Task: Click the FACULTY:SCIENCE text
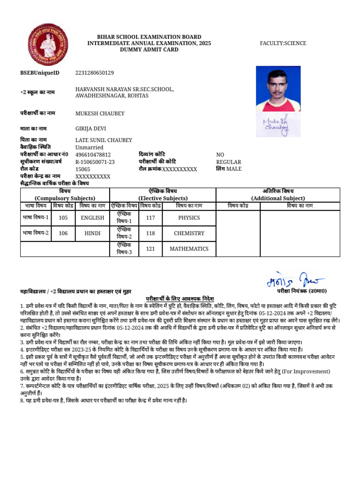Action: coord(283,43)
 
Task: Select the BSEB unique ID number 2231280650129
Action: coord(94,73)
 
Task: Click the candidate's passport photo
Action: coord(278,88)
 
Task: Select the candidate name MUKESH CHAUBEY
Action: coord(100,113)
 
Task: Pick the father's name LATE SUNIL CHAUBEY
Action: coord(104,140)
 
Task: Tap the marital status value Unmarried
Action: coord(90,147)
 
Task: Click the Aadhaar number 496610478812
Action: coord(93,155)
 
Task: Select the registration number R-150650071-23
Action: coord(95,162)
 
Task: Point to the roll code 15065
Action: coord(83,169)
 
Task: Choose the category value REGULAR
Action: coord(228,162)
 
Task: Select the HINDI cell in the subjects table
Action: coord(92,233)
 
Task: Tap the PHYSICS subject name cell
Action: coord(189,218)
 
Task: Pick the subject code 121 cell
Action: coord(150,249)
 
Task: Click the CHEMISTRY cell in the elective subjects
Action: coord(189,233)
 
